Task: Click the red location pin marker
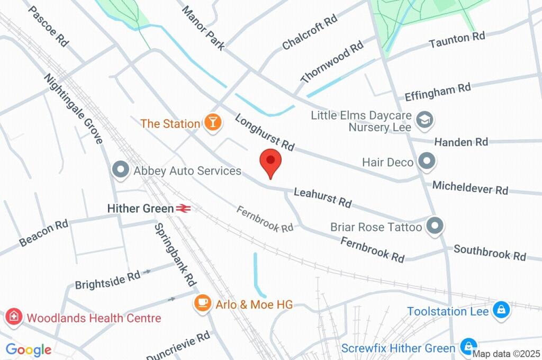[270, 161]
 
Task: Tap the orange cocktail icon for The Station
[213, 123]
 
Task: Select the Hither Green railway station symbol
[184, 209]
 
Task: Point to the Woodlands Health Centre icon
[12, 318]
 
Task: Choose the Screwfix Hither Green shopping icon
[467, 348]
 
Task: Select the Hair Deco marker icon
[426, 161]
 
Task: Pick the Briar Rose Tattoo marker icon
[435, 227]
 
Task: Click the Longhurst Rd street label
[264, 132]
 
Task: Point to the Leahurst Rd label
[322, 197]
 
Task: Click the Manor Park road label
[203, 28]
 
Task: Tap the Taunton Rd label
[457, 39]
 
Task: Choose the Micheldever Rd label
[470, 187]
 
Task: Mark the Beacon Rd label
[44, 233]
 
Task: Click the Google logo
[29, 349]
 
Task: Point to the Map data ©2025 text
[505, 354]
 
